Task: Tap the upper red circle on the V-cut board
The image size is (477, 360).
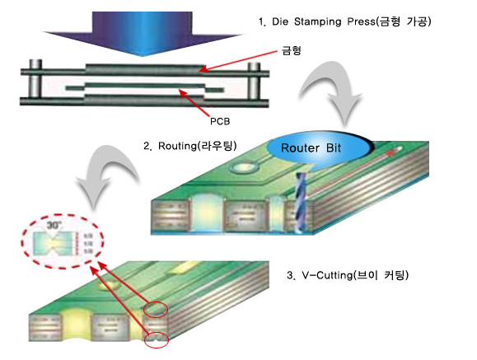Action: pyautogui.click(x=157, y=310)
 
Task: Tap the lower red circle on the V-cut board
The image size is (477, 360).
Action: pyautogui.click(x=156, y=339)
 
